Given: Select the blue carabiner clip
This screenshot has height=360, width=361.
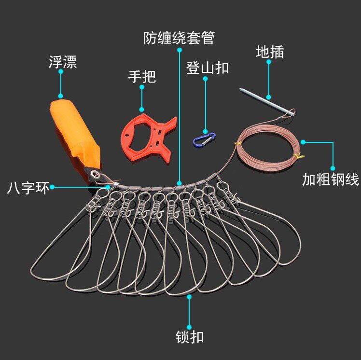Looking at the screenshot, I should [x=204, y=139].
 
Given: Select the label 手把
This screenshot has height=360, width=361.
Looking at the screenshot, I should [x=142, y=76].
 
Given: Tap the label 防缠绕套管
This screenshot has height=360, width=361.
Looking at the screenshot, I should [x=179, y=38].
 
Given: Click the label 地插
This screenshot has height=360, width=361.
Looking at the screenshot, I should [x=269, y=52].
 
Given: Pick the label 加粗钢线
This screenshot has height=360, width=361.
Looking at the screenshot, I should [x=331, y=180].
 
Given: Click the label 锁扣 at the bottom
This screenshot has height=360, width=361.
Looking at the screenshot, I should [x=190, y=336].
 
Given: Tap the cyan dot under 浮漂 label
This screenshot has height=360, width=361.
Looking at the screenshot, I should [x=60, y=71].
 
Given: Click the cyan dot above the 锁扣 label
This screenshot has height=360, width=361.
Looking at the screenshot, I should [x=189, y=297].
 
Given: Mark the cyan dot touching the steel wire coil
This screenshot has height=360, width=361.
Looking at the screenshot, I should [x=303, y=142].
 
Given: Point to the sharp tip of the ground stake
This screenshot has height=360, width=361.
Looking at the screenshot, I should [x=240, y=89].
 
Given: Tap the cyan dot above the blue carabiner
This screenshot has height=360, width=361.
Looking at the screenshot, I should [x=206, y=77].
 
